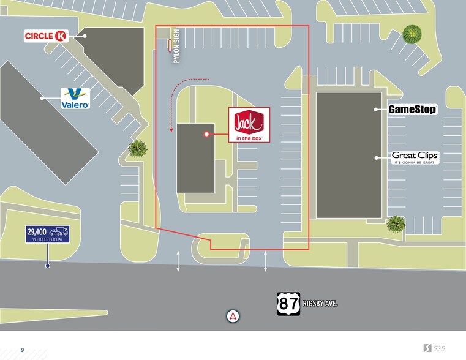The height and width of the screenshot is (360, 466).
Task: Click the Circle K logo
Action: (45, 36)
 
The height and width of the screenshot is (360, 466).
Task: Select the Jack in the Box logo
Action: (249, 126)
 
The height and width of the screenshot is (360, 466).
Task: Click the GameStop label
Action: (413, 110)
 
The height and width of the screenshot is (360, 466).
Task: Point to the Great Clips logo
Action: (415, 157)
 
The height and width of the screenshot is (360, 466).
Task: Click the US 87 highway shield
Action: (288, 303)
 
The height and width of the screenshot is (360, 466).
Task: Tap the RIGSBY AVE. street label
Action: (320, 304)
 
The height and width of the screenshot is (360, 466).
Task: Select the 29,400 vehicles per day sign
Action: (48, 234)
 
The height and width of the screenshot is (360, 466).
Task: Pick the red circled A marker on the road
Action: (233, 317)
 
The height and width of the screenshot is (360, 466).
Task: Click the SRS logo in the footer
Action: (435, 348)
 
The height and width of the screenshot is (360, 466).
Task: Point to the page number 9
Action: (23, 350)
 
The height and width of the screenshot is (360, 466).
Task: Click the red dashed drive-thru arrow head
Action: (170, 130)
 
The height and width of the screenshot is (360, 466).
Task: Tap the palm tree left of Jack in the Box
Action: (138, 148)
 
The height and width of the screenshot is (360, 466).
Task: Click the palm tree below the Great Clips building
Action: (396, 224)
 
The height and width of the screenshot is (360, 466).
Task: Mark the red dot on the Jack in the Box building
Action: (207, 133)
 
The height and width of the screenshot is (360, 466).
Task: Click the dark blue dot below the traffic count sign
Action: (47, 266)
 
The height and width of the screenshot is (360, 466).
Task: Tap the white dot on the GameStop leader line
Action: (376, 110)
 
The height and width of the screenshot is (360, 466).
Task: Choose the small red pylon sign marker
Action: (170, 44)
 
